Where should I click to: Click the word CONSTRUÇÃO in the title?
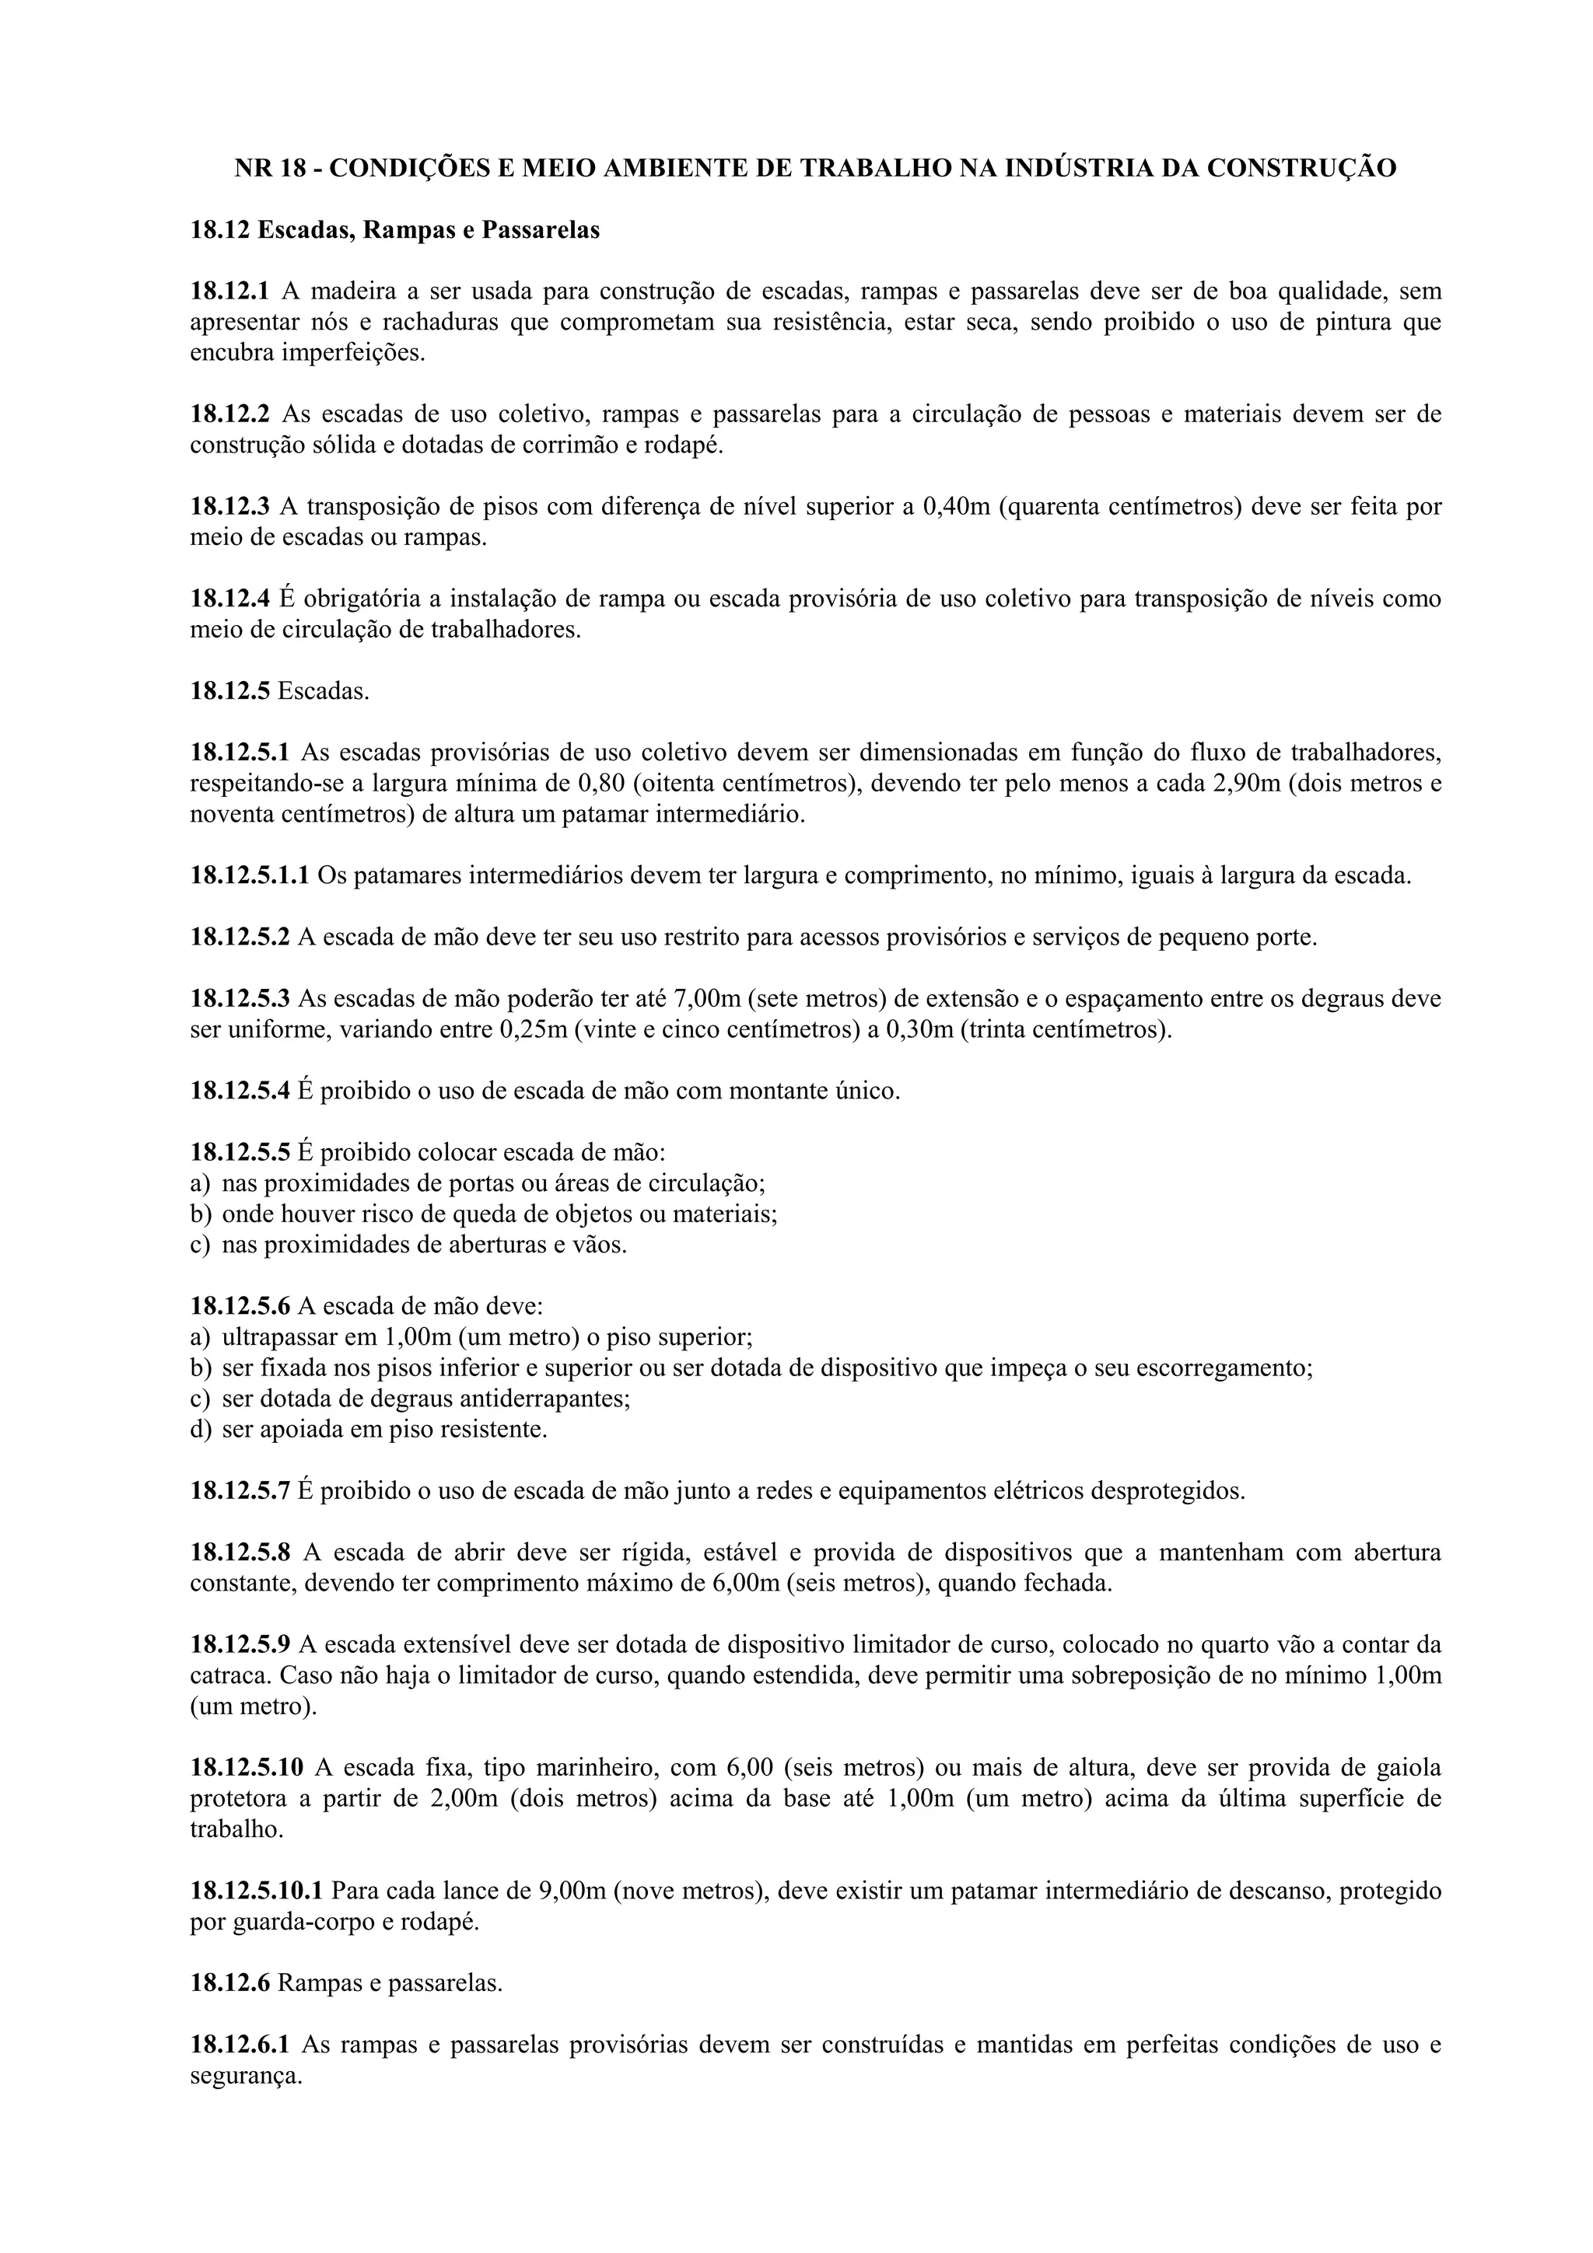click(1301, 169)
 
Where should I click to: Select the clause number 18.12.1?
click(229, 292)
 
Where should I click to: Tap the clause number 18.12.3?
click(229, 508)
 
